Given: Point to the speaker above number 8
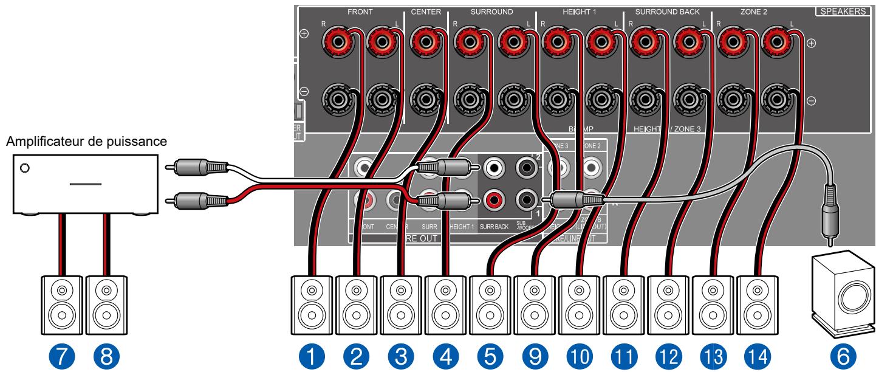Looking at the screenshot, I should [106, 302].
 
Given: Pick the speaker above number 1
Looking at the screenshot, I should [311, 302].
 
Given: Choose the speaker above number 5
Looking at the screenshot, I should [490, 302].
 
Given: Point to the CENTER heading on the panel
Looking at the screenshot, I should [426, 12].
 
